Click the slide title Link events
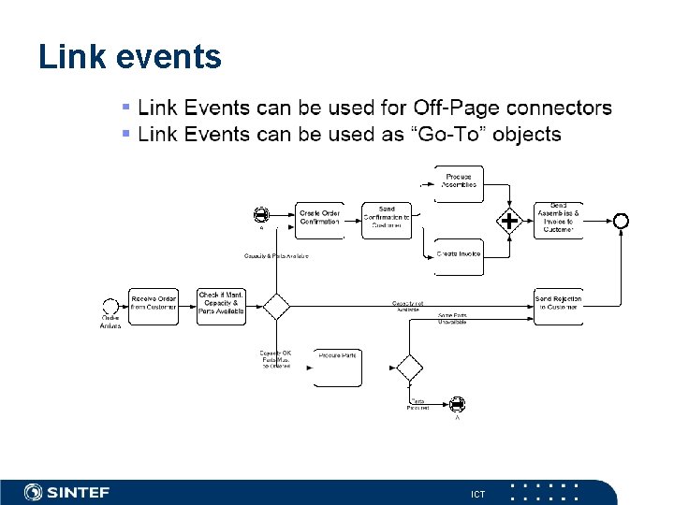(130, 57)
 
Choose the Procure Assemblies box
(459, 180)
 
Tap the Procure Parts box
(337, 366)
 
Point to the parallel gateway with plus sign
(508, 222)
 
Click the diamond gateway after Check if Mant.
(276, 306)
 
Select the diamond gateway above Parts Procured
(409, 367)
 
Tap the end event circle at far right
(620, 221)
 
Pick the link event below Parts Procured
(457, 404)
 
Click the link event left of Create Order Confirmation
(261, 214)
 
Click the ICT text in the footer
(477, 493)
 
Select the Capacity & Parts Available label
(276, 255)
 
